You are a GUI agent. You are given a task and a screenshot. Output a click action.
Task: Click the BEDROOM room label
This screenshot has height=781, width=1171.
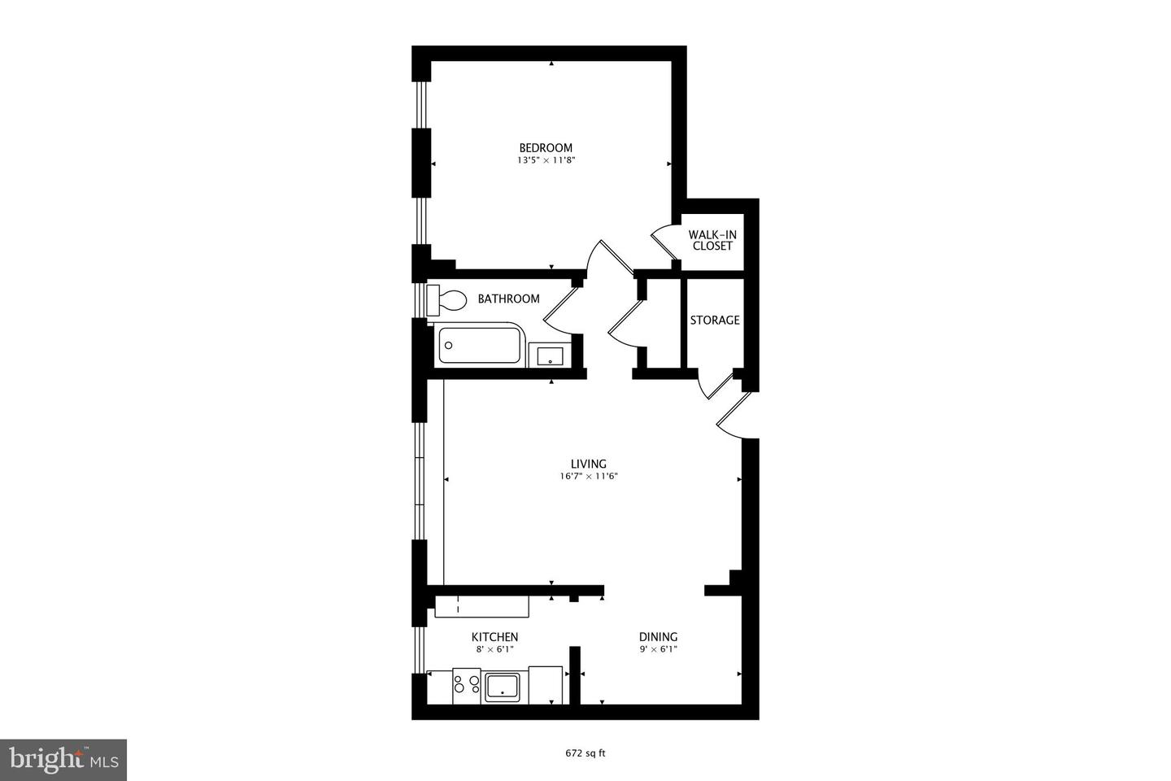(x=546, y=147)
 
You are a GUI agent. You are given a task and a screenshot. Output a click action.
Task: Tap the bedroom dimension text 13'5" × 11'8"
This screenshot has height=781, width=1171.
(x=546, y=161)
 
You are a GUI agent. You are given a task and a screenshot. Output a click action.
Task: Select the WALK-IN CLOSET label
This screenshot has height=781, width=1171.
(x=712, y=240)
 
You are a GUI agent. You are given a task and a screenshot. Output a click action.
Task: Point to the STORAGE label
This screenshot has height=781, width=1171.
(x=715, y=320)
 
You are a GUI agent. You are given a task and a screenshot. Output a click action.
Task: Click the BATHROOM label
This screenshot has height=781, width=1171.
(x=508, y=299)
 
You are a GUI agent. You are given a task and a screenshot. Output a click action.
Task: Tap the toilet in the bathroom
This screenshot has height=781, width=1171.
(x=446, y=299)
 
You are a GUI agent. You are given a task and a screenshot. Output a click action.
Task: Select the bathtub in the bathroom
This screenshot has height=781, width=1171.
(x=480, y=345)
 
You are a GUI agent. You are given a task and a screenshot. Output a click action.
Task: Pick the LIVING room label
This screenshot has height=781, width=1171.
(x=588, y=464)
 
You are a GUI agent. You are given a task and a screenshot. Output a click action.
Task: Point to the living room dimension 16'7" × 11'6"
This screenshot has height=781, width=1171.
(x=589, y=477)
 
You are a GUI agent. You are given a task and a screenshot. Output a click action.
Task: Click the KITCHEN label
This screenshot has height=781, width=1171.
(x=494, y=636)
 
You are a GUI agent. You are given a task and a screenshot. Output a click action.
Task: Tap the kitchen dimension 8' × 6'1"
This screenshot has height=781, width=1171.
(x=494, y=649)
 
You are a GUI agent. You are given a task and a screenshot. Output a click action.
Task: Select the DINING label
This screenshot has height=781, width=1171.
(x=658, y=636)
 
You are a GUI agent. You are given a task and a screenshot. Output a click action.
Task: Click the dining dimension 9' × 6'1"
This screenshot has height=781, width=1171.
(x=658, y=649)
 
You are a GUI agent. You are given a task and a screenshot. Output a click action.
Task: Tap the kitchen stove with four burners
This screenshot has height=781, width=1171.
(x=467, y=685)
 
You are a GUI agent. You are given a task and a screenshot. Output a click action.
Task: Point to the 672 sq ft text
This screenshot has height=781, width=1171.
(x=585, y=753)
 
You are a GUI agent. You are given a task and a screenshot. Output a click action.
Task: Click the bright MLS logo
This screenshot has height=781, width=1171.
(x=63, y=760)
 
